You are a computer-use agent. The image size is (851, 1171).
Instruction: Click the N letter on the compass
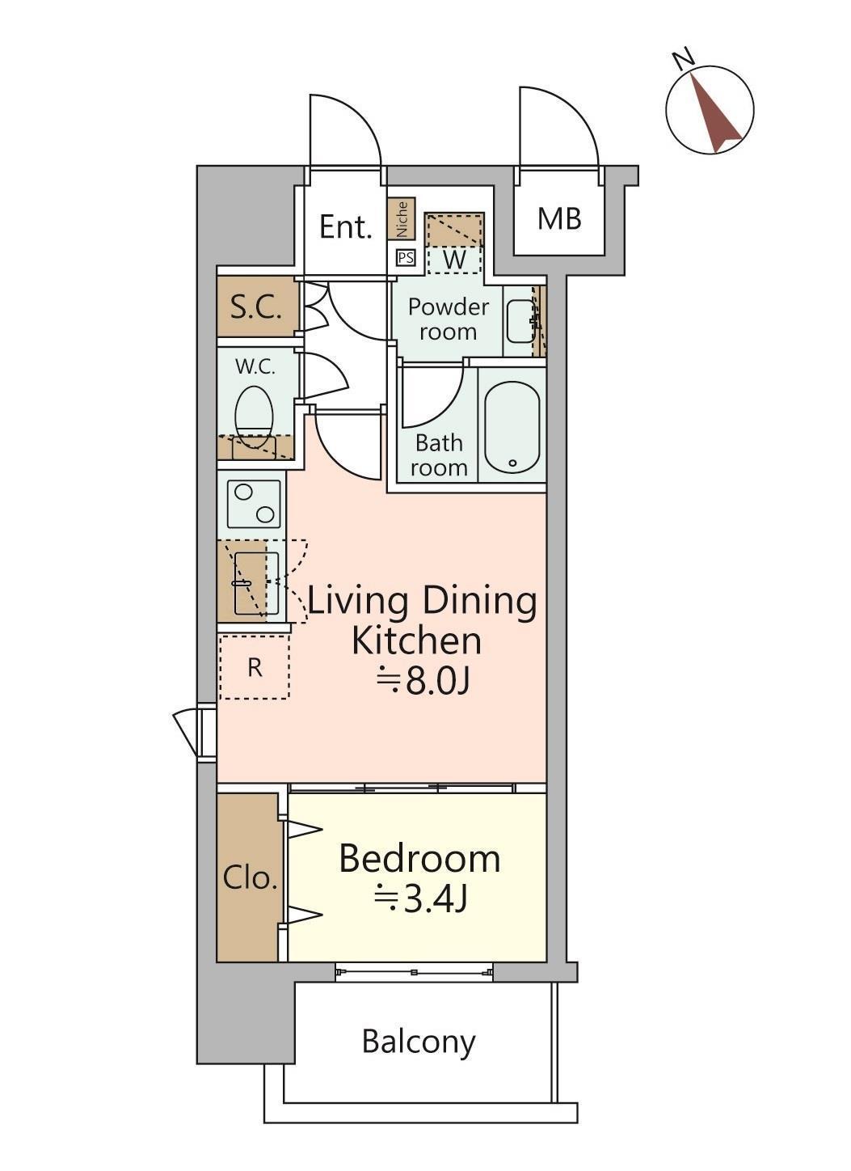click(x=684, y=58)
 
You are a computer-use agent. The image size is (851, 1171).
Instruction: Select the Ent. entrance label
click(x=346, y=227)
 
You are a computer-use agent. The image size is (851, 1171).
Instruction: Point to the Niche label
click(x=402, y=218)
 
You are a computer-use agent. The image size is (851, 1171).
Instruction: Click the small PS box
click(x=406, y=258)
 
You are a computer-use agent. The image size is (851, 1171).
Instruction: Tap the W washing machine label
click(x=454, y=260)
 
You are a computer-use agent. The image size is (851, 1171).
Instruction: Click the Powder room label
click(x=449, y=319)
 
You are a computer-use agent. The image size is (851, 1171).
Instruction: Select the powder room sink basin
click(x=520, y=321)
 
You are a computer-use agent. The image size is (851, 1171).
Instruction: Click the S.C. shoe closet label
click(x=256, y=308)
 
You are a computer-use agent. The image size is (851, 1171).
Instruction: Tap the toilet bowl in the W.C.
click(x=254, y=415)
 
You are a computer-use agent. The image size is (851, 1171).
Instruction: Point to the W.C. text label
click(x=255, y=367)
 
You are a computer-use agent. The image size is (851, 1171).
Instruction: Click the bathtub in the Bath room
click(x=512, y=426)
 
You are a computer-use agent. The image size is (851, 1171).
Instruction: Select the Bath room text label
click(x=439, y=455)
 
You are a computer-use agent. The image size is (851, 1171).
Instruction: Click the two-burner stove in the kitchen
click(x=254, y=504)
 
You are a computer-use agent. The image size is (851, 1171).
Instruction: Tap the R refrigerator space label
click(x=255, y=667)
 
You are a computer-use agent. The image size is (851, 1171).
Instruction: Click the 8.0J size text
click(x=423, y=683)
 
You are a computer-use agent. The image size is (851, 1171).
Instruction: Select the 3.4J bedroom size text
click(x=420, y=899)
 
